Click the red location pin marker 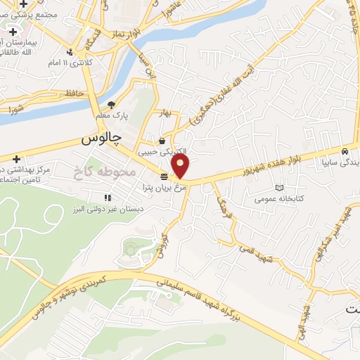181,167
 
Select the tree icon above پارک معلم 111,105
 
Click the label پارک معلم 112,116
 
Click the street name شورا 15,108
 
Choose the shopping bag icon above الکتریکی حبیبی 162,140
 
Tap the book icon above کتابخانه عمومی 281,188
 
